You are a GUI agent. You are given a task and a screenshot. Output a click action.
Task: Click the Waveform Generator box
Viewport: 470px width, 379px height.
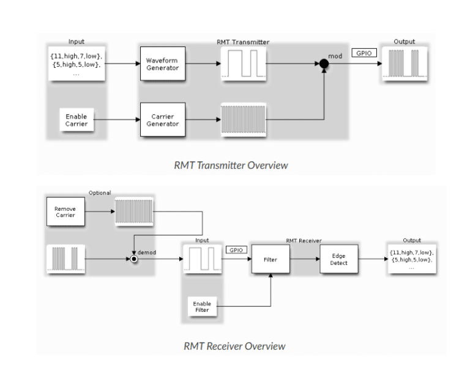[x=163, y=64]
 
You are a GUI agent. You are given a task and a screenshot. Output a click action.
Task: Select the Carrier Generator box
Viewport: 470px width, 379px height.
[x=163, y=120]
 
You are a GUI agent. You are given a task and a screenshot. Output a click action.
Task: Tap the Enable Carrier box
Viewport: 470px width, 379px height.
[x=76, y=120]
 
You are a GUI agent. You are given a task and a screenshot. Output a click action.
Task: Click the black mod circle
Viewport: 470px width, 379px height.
[x=324, y=64]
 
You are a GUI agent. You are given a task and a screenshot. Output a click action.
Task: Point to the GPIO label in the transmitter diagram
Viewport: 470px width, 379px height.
[x=364, y=53]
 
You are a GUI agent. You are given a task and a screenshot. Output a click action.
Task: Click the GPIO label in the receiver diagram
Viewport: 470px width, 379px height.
[x=236, y=250]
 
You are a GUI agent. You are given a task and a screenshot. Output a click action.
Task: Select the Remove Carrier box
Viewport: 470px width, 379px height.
[x=65, y=212]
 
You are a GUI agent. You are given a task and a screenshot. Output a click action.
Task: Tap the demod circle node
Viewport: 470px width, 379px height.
[x=134, y=259]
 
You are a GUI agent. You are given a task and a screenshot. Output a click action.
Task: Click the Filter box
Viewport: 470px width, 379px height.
[x=270, y=259]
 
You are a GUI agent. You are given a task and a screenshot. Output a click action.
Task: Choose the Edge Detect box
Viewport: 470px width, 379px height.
[x=338, y=259]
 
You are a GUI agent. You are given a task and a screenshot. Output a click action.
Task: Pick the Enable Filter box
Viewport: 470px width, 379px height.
[x=202, y=306]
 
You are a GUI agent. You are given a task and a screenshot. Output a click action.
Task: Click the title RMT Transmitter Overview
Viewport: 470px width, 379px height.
[x=231, y=165]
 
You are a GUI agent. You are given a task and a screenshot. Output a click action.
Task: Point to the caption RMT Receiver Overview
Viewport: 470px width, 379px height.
[x=234, y=346]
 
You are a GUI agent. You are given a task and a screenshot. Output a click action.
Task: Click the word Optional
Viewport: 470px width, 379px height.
[x=100, y=193]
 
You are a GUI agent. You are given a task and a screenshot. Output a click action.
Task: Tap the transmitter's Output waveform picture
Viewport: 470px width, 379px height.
[x=405, y=64]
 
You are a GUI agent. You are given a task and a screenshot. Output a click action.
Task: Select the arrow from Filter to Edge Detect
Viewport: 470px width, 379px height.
[x=305, y=259]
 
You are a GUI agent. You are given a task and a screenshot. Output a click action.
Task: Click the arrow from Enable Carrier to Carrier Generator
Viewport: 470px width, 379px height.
[x=117, y=120]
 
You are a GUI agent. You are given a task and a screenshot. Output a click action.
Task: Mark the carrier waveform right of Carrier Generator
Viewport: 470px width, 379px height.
[x=244, y=120]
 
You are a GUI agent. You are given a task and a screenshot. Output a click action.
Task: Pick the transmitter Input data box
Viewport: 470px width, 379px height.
[x=76, y=64]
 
